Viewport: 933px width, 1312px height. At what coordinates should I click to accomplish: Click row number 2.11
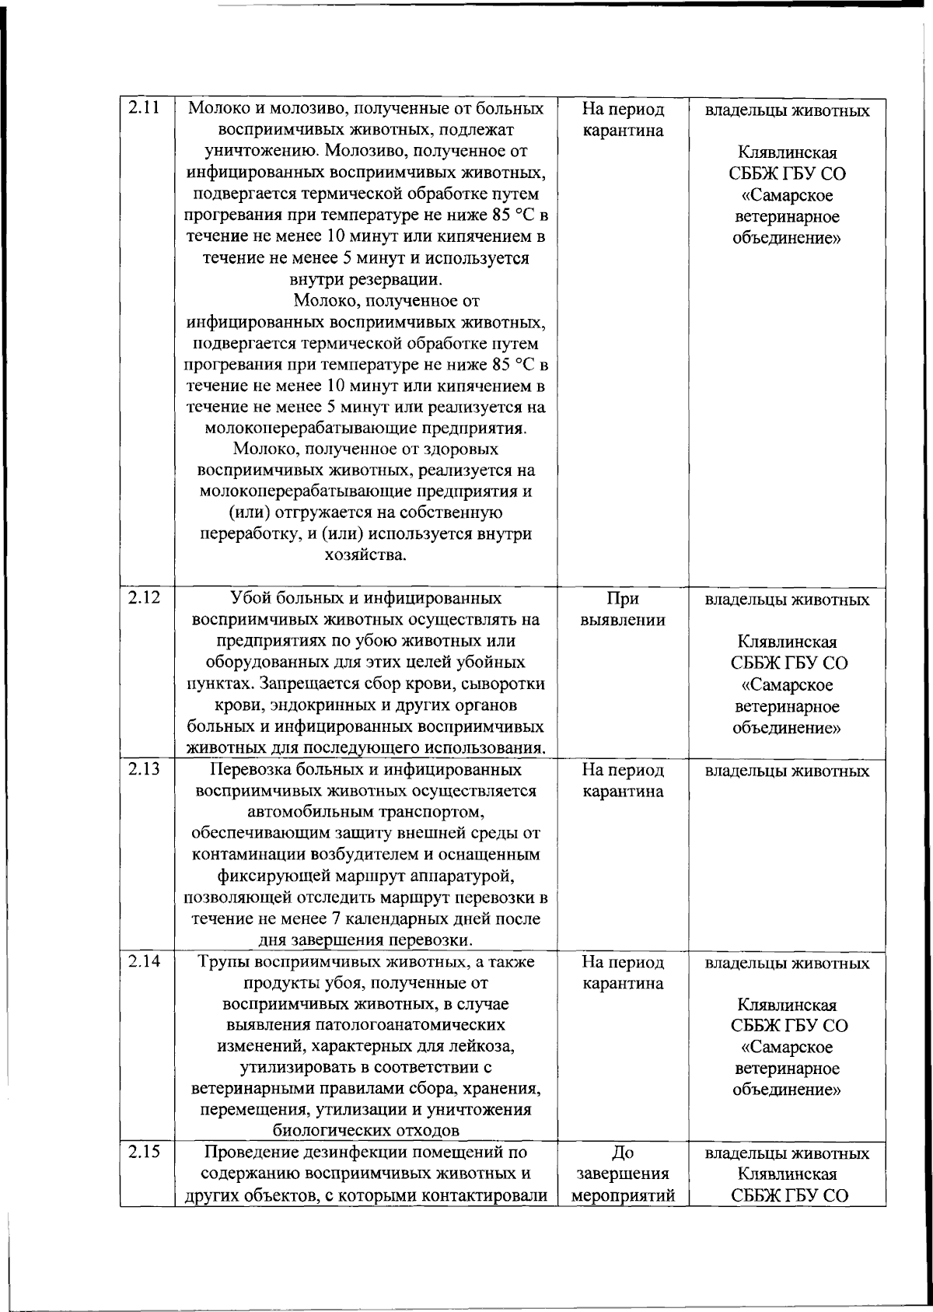click(x=142, y=109)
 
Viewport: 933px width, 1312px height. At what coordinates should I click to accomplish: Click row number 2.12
click(x=142, y=598)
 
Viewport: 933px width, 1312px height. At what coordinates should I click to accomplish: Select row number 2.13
click(x=142, y=769)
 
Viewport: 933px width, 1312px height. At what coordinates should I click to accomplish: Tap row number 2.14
click(x=142, y=961)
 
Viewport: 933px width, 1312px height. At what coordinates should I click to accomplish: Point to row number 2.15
click(x=142, y=1152)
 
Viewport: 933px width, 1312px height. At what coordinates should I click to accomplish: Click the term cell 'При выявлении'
click(x=622, y=609)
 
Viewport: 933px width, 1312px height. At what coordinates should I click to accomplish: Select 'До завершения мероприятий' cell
click(x=622, y=1174)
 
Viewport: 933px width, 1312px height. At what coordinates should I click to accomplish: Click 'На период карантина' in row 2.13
click(x=622, y=780)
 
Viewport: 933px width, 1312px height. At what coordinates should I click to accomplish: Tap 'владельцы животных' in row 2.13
click(x=786, y=771)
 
